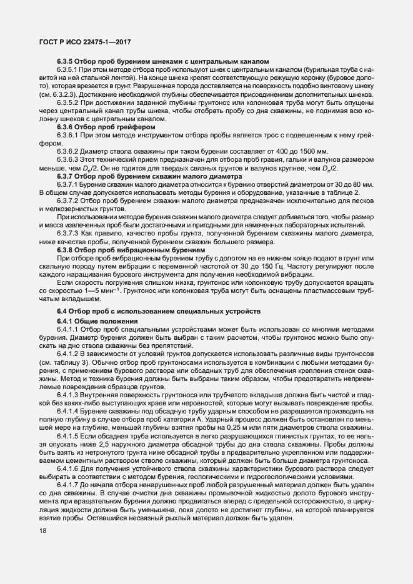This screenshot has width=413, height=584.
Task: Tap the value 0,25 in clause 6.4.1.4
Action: [x=234, y=428]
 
